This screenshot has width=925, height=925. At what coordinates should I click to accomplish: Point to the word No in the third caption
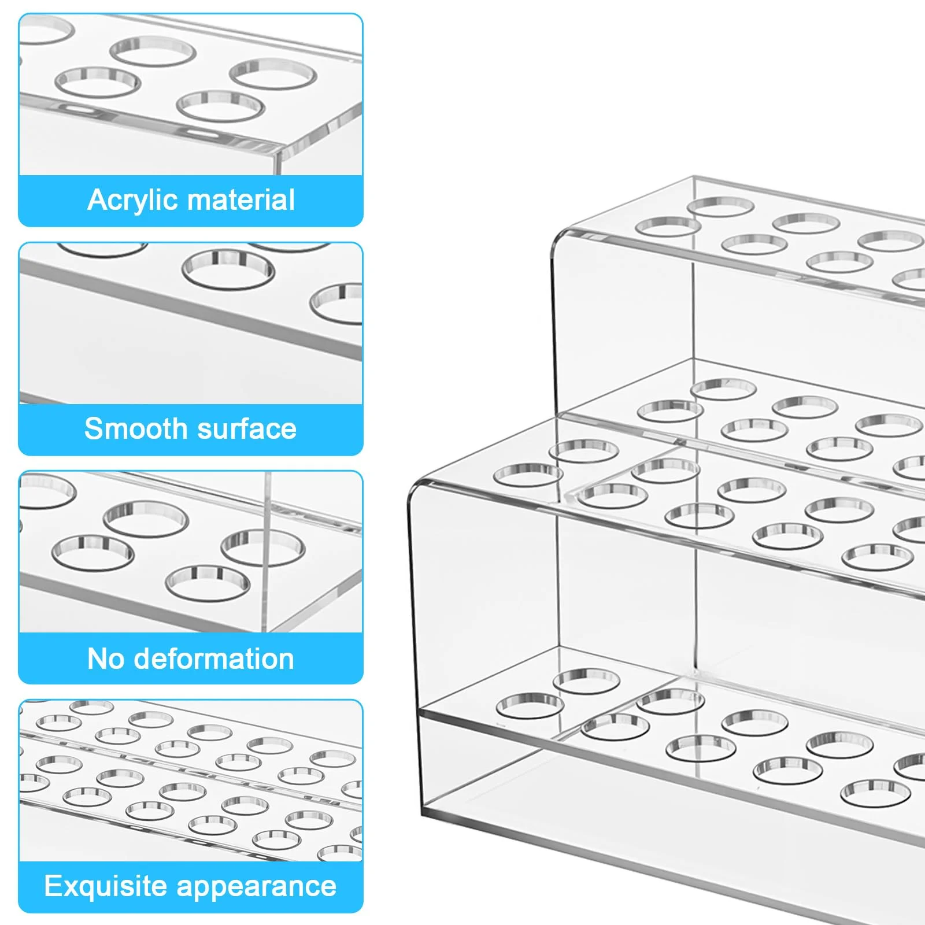106,658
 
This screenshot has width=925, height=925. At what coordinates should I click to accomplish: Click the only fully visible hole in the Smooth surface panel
228,269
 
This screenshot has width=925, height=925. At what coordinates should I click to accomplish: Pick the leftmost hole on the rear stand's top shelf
668,227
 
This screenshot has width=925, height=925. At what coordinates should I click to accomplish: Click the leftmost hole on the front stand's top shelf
528,474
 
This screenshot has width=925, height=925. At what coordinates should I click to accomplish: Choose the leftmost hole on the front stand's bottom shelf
530,705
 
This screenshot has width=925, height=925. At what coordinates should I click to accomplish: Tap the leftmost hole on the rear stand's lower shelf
671,411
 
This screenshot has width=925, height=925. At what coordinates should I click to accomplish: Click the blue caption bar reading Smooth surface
191,430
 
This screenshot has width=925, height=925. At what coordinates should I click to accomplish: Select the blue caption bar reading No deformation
191,658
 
